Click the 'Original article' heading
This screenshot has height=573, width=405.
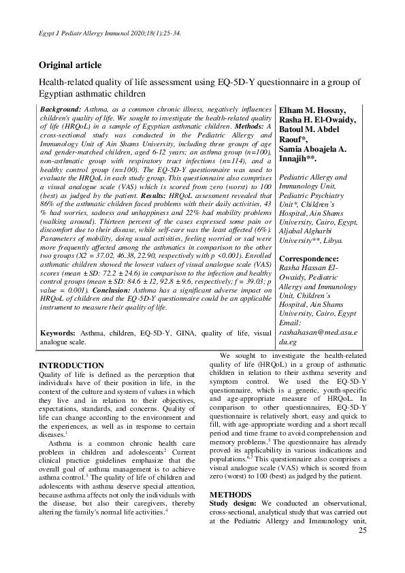(x=70, y=65)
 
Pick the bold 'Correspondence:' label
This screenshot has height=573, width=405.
(x=314, y=259)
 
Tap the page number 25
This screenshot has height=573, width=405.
(x=361, y=549)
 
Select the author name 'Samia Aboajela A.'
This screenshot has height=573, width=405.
(x=317, y=148)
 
